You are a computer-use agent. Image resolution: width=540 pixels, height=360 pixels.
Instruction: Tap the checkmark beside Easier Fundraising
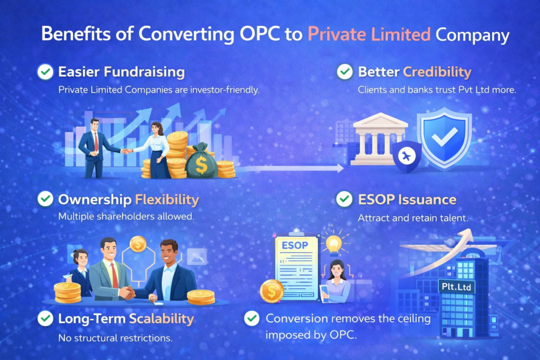45,72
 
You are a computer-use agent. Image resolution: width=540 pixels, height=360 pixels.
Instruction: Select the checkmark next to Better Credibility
345,72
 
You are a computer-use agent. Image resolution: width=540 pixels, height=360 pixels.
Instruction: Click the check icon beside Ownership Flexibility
45,199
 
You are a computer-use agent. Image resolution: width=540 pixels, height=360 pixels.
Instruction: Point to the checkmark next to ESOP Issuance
345,199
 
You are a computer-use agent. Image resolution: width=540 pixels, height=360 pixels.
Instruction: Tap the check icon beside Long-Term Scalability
45,318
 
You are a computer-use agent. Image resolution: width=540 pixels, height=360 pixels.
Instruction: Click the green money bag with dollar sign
201,162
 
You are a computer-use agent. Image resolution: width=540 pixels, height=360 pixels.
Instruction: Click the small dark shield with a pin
407,156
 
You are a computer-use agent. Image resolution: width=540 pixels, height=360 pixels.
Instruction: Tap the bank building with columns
380,140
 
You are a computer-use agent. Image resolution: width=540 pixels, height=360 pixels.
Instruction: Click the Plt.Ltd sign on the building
456,286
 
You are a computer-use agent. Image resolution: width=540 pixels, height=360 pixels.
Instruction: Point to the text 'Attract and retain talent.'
407,217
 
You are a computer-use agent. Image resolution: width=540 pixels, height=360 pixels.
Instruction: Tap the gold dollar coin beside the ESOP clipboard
272,291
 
